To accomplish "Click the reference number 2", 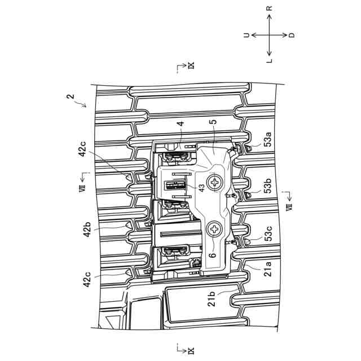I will [x=69, y=97].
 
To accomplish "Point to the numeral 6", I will [x=213, y=255].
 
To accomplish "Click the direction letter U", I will [x=246, y=35].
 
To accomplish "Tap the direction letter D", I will [x=292, y=35].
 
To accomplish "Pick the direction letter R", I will [x=270, y=10].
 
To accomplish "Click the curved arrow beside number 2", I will [x=80, y=104].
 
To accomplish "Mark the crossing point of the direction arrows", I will [x=270, y=35].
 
